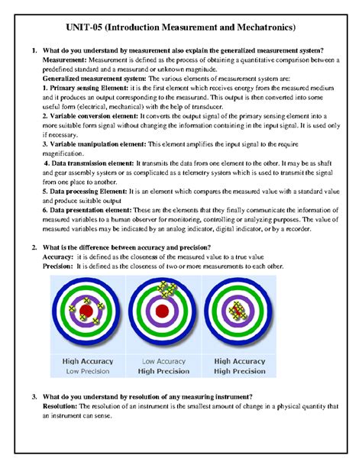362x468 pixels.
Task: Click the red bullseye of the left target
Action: coord(86,311)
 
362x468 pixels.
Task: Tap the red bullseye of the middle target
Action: coord(161,311)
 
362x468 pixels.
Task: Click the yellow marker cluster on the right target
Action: coord(239,310)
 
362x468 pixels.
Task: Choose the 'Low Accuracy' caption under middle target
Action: coord(162,361)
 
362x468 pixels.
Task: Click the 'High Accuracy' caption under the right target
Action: coord(240,361)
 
